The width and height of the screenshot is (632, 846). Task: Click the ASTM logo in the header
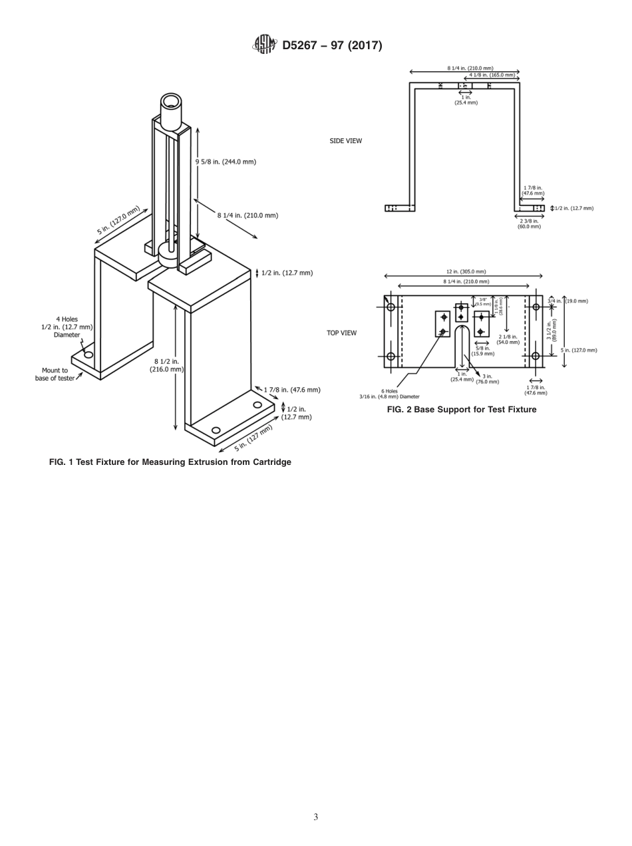[263, 45]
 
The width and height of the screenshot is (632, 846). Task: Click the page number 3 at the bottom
[315, 817]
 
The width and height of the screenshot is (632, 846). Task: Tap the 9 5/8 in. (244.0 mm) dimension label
[226, 162]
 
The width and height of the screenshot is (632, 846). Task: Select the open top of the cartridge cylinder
[171, 102]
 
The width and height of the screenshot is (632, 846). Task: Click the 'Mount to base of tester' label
[55, 374]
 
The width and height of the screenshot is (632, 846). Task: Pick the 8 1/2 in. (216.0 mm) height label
[166, 365]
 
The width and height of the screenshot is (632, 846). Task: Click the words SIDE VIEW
[346, 141]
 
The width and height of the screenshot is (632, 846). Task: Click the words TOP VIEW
[341, 333]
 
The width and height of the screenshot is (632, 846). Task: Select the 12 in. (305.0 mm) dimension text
[466, 271]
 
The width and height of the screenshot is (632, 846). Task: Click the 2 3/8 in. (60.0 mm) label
[529, 223]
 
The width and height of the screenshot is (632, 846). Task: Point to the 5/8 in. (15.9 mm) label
[482, 351]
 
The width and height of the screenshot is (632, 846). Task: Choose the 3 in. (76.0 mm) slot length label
[488, 379]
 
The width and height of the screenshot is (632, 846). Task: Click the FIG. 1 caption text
[170, 462]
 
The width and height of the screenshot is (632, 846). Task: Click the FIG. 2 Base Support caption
[461, 410]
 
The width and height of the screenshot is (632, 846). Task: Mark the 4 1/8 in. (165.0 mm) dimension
[492, 75]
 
